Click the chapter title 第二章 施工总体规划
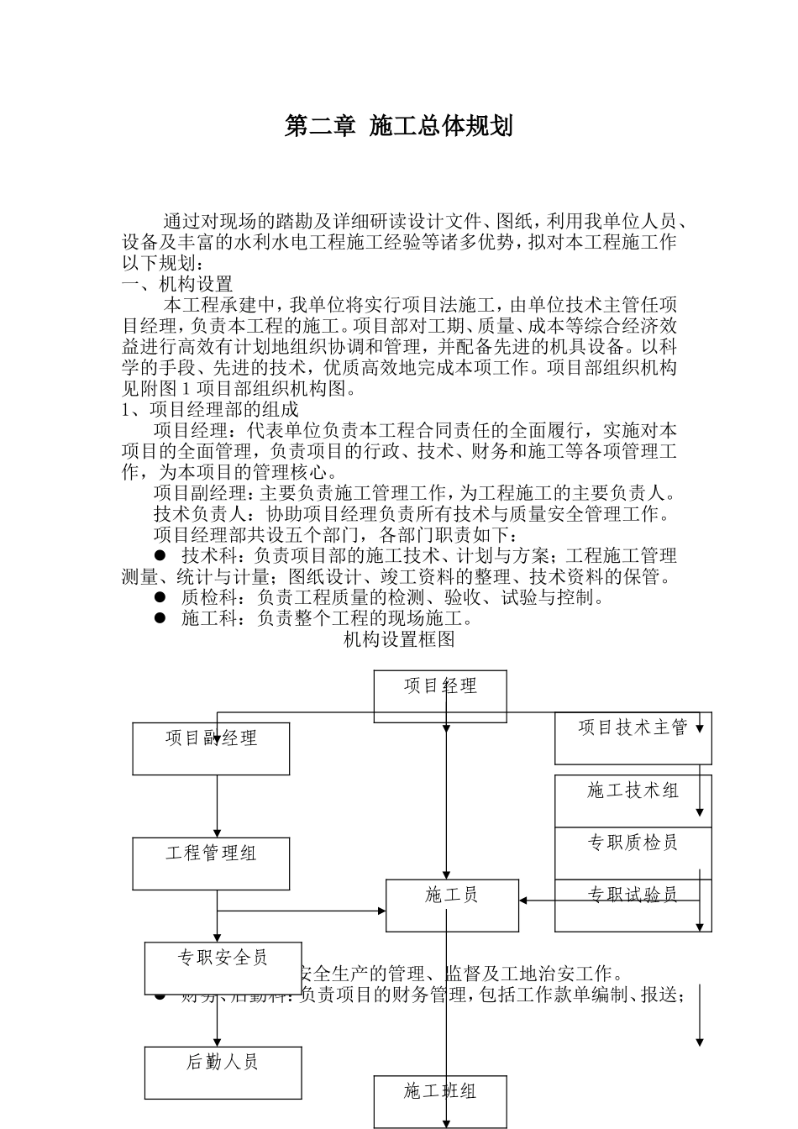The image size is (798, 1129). pos(399,127)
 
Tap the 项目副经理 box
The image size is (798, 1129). pos(211,748)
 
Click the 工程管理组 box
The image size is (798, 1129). pos(211,863)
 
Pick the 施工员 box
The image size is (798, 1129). pos(452,905)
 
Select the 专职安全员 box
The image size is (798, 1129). pos(223,967)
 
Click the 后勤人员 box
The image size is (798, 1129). pos(223,1072)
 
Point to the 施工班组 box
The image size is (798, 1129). pos(440,1100)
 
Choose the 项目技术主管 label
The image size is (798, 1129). pos(633,728)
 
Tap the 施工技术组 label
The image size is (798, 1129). pos(633,790)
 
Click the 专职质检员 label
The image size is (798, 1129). pos(633,843)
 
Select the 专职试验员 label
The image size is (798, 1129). pos(633,895)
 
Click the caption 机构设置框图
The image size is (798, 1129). pos(399,640)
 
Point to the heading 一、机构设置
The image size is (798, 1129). pos(177,284)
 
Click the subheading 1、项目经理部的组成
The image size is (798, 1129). pos(210,410)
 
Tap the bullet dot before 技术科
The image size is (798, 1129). pos(160,555)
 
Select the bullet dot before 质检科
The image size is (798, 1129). pos(160,597)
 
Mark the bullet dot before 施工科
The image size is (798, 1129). pos(160,618)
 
